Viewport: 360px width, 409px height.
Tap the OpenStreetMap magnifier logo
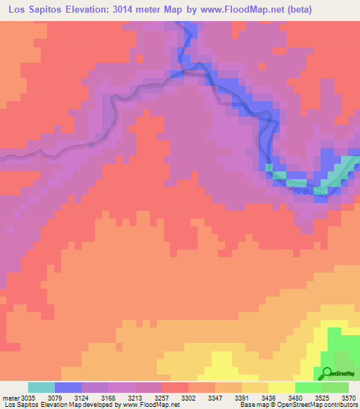[327, 373]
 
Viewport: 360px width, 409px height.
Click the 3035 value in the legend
[28, 397]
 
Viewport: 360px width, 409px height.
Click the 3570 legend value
[349, 397]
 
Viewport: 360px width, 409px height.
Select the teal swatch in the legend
[41, 387]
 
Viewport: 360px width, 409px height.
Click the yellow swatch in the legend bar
[282, 387]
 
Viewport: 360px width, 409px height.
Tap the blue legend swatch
[68, 387]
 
